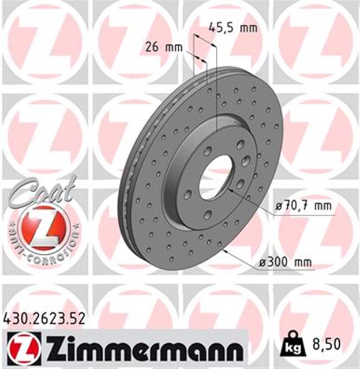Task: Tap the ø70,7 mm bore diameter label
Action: (302, 206)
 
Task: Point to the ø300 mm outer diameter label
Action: (285, 262)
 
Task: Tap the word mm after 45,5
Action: (249, 27)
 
